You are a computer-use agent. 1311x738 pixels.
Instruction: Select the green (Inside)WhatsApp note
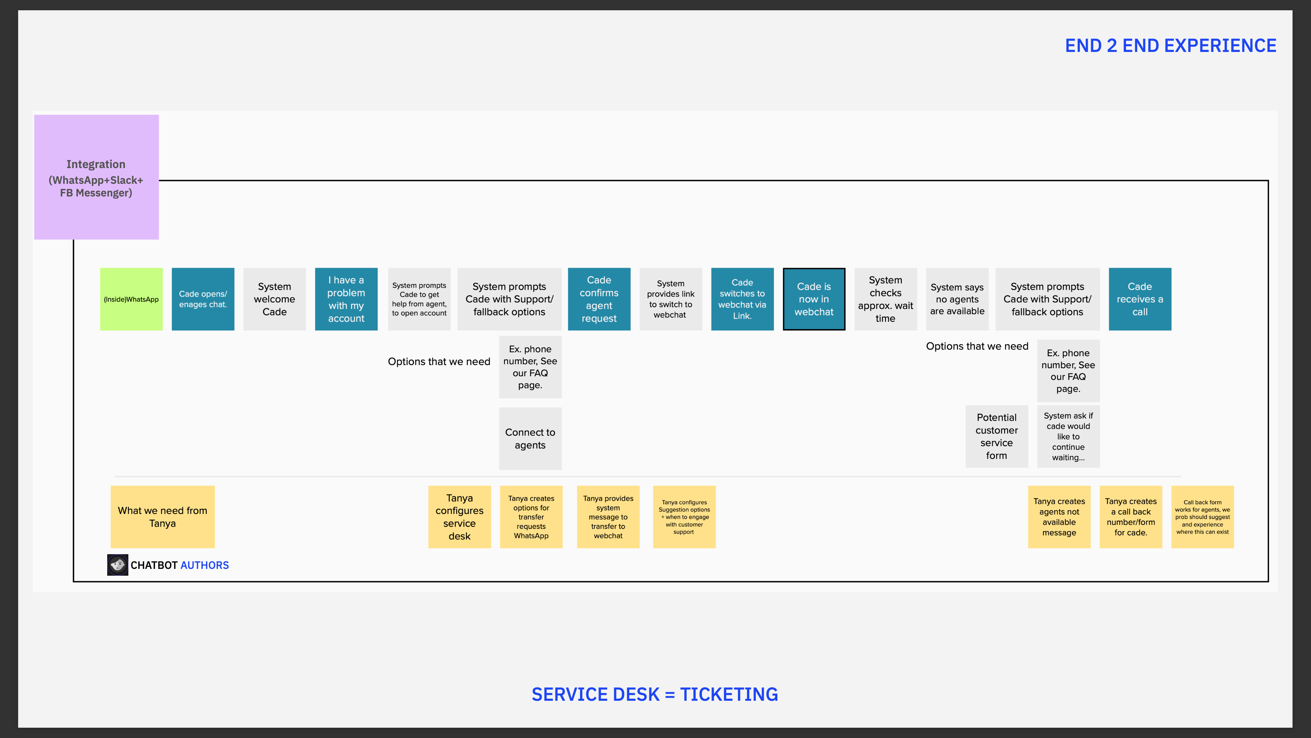tap(131, 299)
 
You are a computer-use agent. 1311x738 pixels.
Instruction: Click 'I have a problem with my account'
tap(346, 299)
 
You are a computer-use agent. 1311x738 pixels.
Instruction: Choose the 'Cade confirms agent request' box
tap(599, 299)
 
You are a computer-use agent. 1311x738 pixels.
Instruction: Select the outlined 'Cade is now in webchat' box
tap(814, 299)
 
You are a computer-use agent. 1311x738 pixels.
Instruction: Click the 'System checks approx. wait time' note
tap(886, 299)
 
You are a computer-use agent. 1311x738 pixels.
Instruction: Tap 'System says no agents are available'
tap(957, 299)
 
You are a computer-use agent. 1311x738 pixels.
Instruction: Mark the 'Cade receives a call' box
tap(1140, 299)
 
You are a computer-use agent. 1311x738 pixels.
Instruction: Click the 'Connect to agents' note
tap(530, 438)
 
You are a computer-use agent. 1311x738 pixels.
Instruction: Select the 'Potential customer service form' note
tap(997, 437)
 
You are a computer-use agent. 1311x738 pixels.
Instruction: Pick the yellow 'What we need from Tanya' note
tap(163, 517)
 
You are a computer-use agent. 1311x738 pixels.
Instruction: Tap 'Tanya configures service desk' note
tap(460, 517)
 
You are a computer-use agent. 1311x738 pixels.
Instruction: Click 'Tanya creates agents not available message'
tap(1059, 517)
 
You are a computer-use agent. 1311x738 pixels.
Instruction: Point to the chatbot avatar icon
tap(117, 565)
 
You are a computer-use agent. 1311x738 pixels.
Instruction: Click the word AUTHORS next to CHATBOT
tap(205, 565)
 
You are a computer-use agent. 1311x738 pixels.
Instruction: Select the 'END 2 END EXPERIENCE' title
tap(1171, 46)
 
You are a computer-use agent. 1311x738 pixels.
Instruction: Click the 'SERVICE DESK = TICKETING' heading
tap(655, 694)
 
